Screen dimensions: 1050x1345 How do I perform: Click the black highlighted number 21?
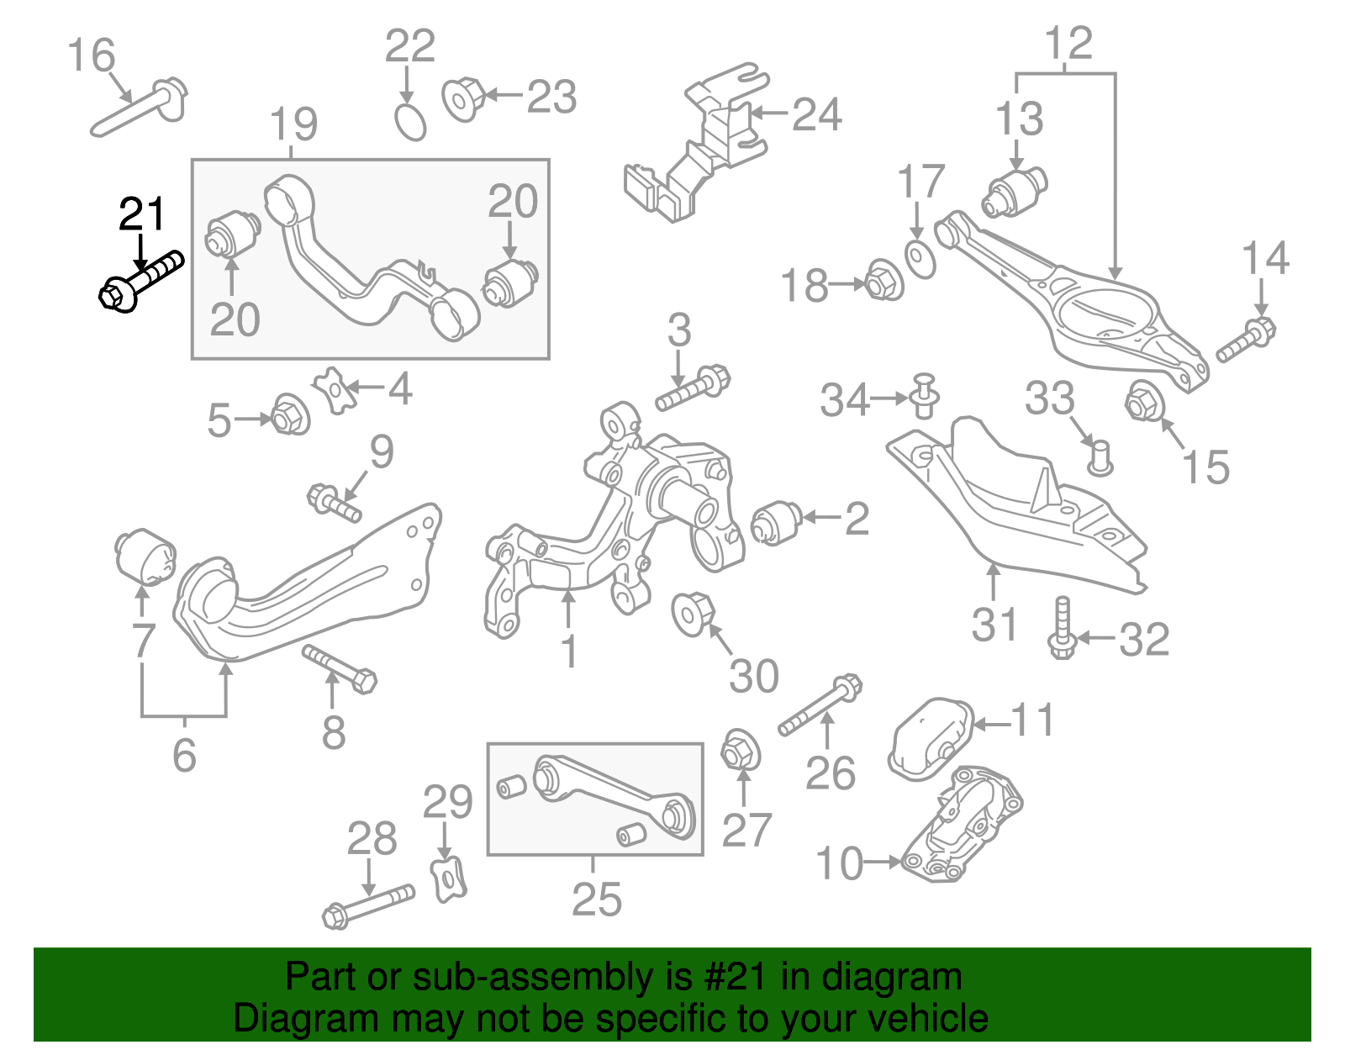click(142, 214)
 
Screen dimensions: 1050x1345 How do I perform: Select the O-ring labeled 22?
click(410, 123)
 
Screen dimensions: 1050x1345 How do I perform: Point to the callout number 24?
click(816, 114)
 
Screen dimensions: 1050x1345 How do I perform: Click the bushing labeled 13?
click(1015, 191)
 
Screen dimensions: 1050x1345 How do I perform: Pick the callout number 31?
click(994, 625)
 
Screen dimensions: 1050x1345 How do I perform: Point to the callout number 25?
click(596, 899)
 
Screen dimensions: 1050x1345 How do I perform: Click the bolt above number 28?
click(368, 905)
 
